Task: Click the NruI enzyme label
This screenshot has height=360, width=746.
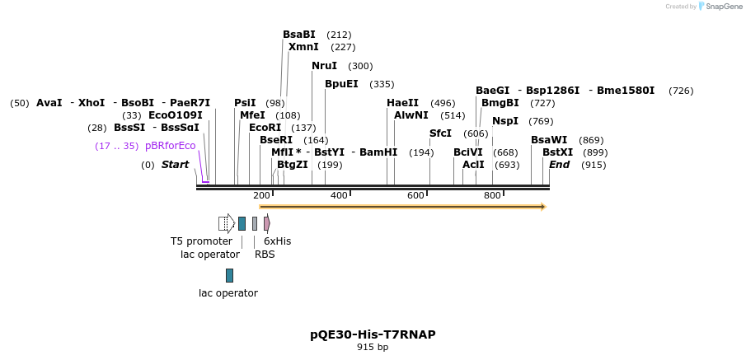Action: click(325, 66)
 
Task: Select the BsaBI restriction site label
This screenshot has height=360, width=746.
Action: click(299, 35)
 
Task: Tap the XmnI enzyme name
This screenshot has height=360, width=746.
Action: click(303, 47)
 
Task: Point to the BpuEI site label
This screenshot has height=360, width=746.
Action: click(341, 84)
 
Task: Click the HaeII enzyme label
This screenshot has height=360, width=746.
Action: click(402, 103)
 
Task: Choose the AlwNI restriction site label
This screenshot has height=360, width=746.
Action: click(411, 115)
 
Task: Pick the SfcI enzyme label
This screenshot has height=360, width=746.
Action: click(440, 133)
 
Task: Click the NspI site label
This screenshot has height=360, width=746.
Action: click(505, 121)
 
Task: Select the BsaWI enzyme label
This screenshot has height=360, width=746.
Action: click(549, 140)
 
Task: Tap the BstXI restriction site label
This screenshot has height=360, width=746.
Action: click(557, 152)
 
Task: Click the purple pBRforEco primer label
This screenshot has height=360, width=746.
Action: click(171, 146)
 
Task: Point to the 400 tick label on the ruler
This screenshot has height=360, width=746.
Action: click(339, 195)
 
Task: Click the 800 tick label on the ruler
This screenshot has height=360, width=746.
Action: click(492, 195)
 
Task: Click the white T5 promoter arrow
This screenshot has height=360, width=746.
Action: click(227, 223)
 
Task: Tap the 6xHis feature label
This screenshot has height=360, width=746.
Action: click(277, 241)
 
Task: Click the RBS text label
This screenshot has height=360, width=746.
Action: click(265, 255)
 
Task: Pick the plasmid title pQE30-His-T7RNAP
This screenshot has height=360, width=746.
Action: click(373, 334)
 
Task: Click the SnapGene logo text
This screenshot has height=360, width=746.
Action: click(724, 7)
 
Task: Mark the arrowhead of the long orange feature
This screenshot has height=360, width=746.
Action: click(543, 207)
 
